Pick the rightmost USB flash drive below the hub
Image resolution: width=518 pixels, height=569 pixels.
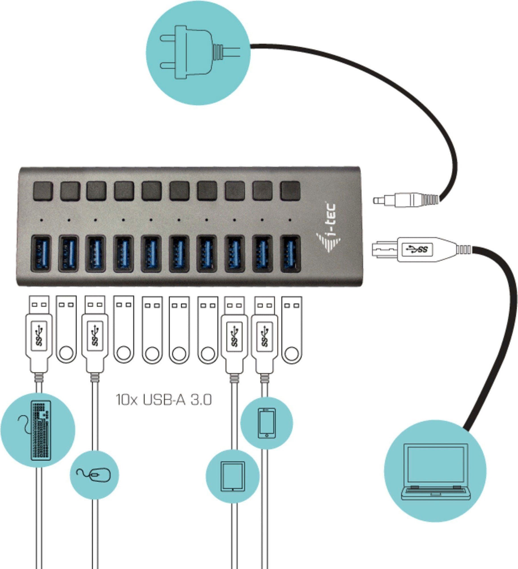click(x=291, y=330)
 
